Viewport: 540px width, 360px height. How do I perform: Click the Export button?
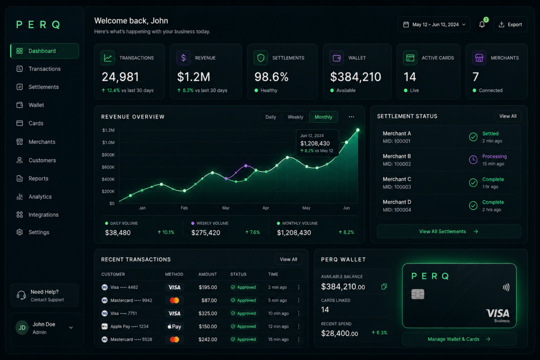click(510, 24)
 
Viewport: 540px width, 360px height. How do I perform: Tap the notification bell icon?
click(482, 24)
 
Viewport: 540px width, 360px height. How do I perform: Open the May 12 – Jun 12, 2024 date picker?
click(434, 24)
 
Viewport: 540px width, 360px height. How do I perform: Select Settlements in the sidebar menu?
click(43, 87)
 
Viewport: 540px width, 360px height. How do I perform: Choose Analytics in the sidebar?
click(40, 197)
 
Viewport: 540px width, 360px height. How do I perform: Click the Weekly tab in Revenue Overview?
click(295, 117)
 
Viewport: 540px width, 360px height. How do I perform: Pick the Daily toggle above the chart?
click(271, 117)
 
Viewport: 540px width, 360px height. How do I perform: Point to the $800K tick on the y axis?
click(108, 155)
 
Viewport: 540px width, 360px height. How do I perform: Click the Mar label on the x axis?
click(226, 208)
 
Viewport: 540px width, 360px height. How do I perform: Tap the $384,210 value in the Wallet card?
click(355, 77)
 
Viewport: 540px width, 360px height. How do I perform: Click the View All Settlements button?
click(449, 231)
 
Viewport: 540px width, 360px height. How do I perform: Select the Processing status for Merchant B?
click(494, 156)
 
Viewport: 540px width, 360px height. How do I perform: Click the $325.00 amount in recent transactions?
click(208, 313)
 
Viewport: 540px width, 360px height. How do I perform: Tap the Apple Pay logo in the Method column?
click(174, 326)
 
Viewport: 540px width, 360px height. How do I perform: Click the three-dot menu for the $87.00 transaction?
click(298, 300)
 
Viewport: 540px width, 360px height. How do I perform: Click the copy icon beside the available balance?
click(384, 286)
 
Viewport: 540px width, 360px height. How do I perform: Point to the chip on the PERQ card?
click(418, 294)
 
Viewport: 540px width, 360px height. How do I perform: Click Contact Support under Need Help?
click(47, 300)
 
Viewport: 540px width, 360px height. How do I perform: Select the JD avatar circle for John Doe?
click(22, 328)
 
